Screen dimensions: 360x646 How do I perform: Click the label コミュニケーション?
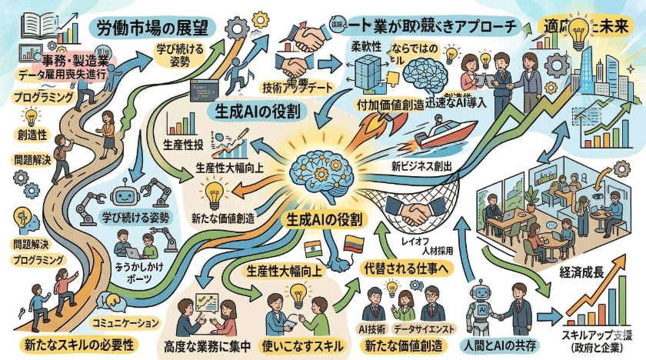coord(125,322)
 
